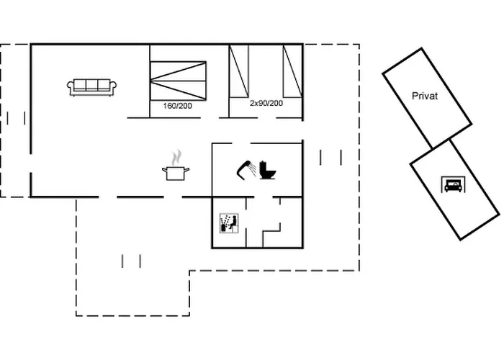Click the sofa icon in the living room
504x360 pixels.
pyautogui.click(x=92, y=87)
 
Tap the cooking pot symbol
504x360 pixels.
pyautogui.click(x=176, y=173)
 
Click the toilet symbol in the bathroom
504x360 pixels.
pyautogui.click(x=269, y=170)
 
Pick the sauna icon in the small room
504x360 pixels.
pyautogui.click(x=228, y=223)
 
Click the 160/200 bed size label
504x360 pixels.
pyautogui.click(x=178, y=105)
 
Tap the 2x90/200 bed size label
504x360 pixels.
pyautogui.click(x=266, y=104)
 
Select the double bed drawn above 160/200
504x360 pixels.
pyautogui.click(x=178, y=80)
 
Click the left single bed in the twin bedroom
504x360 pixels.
pyautogui.click(x=238, y=71)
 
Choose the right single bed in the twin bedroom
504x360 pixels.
pyautogui.click(x=292, y=71)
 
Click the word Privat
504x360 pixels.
pyautogui.click(x=425, y=96)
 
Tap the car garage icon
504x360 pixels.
pyautogui.click(x=452, y=185)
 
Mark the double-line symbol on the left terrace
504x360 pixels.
pyautogui.click(x=16, y=117)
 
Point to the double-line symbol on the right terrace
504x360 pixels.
pyautogui.click(x=330, y=157)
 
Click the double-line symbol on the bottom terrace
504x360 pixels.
pyautogui.click(x=132, y=261)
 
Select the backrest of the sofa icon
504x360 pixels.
pyautogui.click(x=92, y=82)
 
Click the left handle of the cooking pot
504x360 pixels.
pyautogui.click(x=165, y=170)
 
